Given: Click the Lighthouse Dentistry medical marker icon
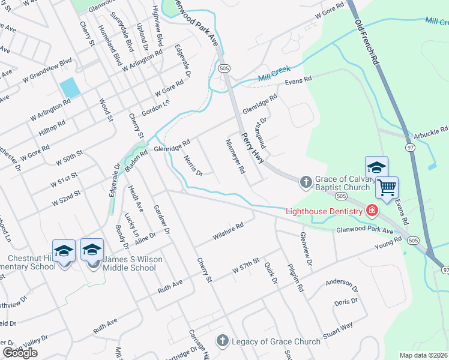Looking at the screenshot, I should click(372, 211).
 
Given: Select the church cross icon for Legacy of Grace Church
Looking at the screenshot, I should click(221, 341).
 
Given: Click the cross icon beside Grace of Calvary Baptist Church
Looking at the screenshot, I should click(305, 182).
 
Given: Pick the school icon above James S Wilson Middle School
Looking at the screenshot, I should click(92, 249).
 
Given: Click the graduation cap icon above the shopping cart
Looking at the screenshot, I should click(376, 167).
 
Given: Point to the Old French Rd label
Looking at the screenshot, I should click(367, 41).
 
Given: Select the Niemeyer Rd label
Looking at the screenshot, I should click(235, 157).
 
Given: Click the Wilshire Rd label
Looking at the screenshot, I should click(228, 232).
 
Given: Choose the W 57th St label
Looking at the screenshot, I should click(246, 266).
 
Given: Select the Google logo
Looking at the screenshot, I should click(20, 352).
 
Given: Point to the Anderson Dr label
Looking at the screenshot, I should click(341, 283).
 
